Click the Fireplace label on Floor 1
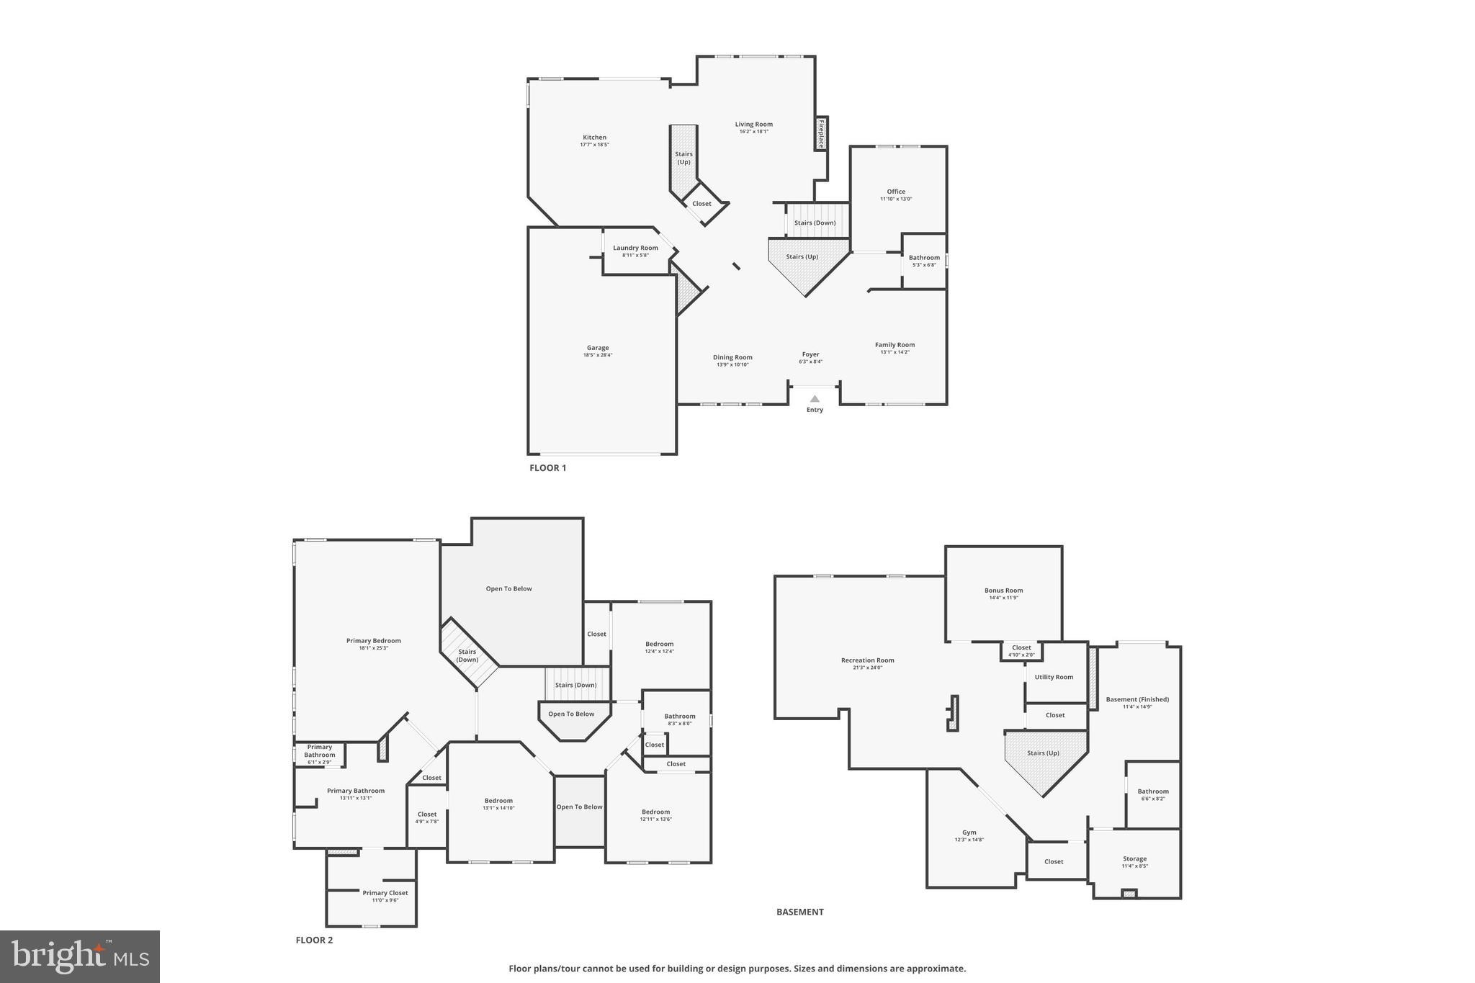(x=820, y=134)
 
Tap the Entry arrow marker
(x=815, y=399)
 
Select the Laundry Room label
(x=635, y=248)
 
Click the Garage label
(x=598, y=348)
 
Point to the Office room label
(x=896, y=192)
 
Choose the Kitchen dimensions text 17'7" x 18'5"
(x=595, y=145)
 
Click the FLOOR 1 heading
(x=548, y=468)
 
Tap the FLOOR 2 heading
(x=314, y=940)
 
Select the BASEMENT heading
(x=799, y=912)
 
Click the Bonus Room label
(x=1003, y=591)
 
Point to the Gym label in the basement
(x=969, y=832)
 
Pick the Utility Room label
(x=1054, y=677)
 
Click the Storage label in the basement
(x=1134, y=858)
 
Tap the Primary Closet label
(x=385, y=893)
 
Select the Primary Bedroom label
(x=373, y=641)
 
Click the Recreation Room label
(x=867, y=660)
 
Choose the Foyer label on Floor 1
(x=810, y=354)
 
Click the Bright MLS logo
(x=80, y=956)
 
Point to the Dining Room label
(x=732, y=357)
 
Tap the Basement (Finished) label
(x=1137, y=699)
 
